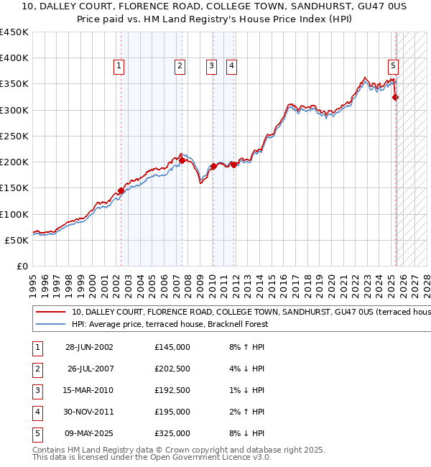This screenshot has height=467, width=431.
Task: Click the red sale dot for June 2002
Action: click(121, 190)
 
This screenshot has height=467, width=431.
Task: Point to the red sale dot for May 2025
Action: click(396, 98)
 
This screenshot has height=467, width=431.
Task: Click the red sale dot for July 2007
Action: click(182, 161)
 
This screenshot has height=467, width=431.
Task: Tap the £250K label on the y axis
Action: click(14, 136)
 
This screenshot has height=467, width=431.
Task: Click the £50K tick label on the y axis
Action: click(17, 240)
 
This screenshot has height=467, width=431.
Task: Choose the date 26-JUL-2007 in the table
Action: click(91, 369)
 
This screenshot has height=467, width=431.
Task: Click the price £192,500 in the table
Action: click(172, 390)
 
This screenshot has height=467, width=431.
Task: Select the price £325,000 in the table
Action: click(172, 433)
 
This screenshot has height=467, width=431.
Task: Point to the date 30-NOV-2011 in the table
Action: click(91, 412)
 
